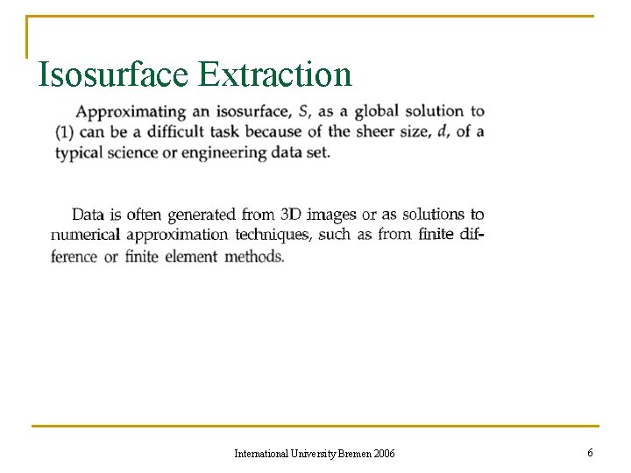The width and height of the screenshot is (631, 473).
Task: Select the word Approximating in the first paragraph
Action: (x=131, y=112)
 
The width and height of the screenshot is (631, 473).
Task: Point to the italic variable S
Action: (x=303, y=111)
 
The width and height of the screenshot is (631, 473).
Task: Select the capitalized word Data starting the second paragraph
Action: (x=89, y=215)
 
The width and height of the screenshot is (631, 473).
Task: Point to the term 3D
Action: (x=291, y=215)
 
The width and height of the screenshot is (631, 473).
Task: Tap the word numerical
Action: (x=85, y=235)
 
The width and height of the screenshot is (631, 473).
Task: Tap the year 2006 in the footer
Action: (x=383, y=453)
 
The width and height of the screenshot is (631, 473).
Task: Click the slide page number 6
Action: (x=590, y=452)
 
